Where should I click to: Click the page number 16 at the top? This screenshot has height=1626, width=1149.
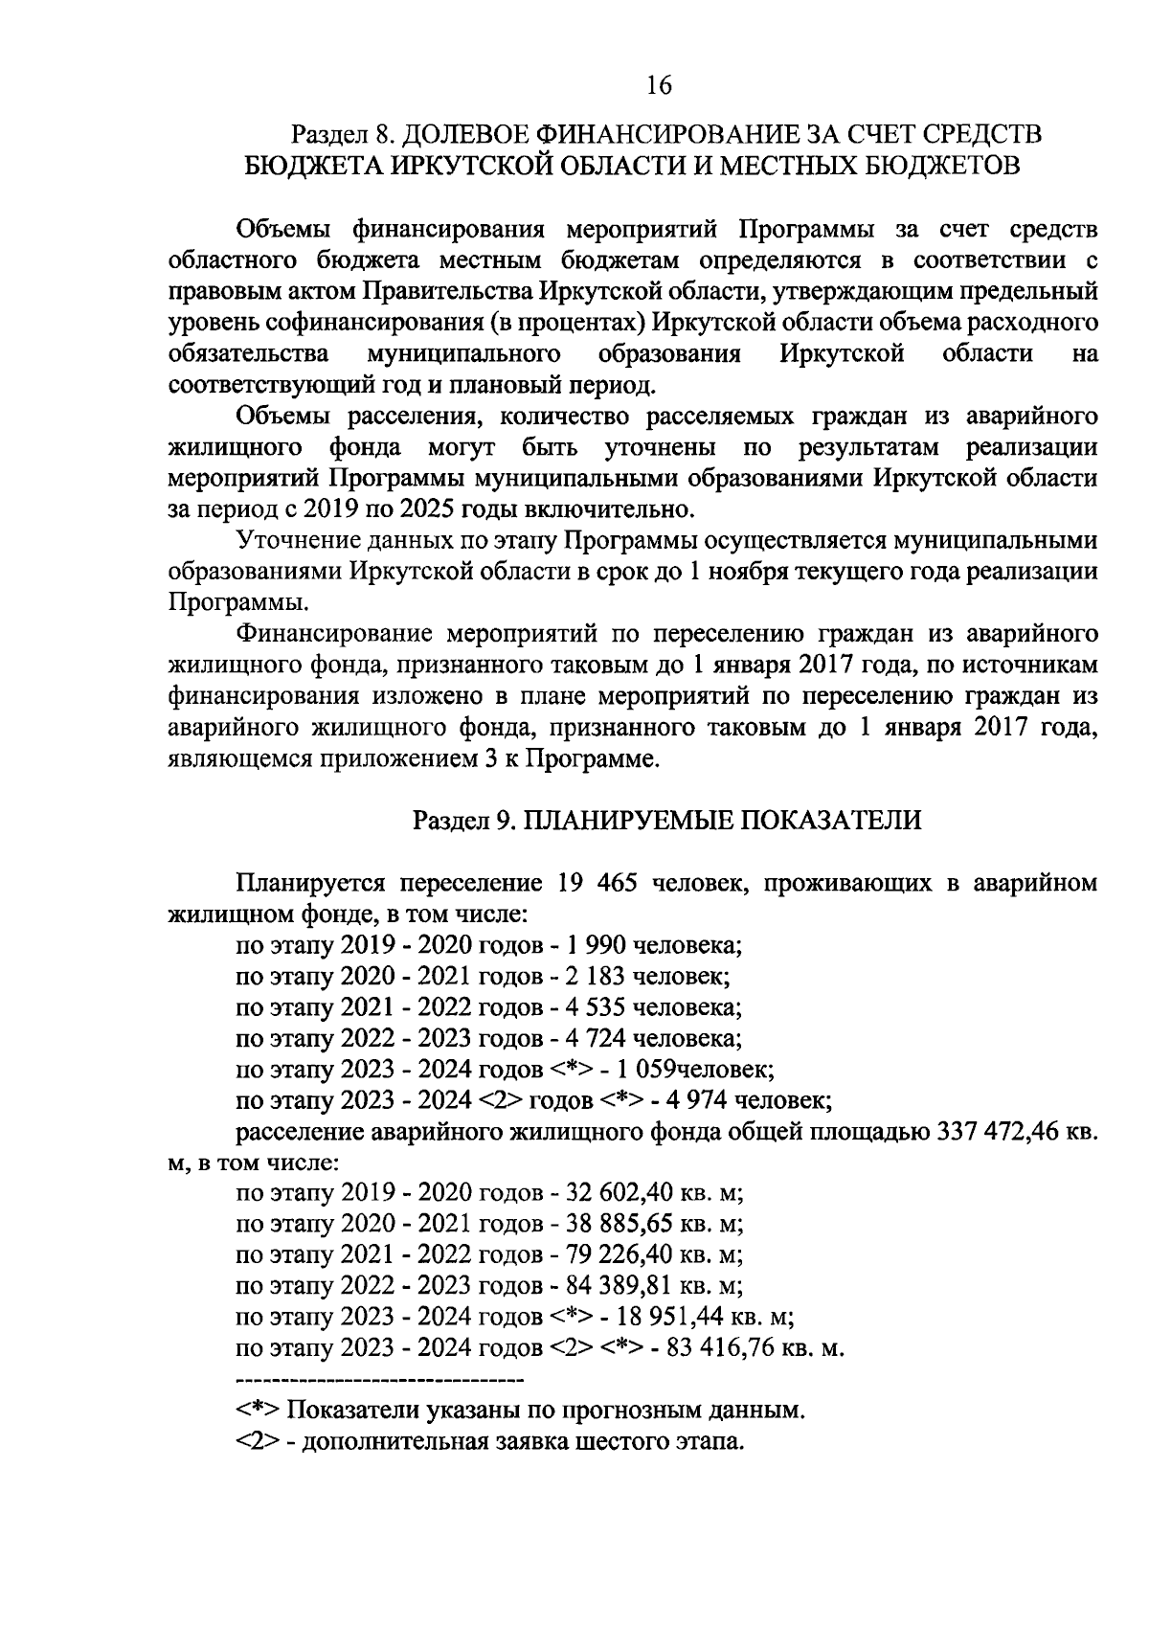(659, 85)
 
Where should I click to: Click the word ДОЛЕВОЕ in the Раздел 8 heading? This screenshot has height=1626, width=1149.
(462, 133)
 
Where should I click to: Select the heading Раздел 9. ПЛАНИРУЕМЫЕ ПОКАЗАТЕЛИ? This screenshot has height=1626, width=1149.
(666, 821)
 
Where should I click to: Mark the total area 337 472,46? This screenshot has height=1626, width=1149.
(997, 1131)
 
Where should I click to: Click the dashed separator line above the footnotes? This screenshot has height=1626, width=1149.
(379, 1381)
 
